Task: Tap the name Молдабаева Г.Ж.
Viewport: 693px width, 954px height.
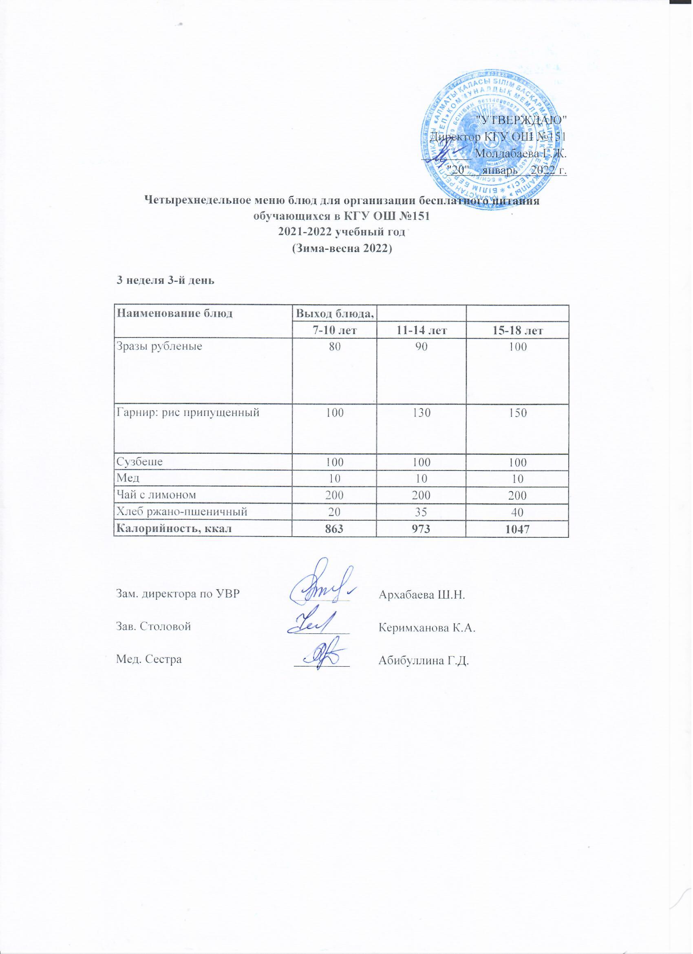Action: [x=519, y=153]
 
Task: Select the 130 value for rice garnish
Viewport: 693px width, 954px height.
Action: [x=422, y=413]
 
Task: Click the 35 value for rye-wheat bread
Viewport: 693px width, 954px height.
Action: [x=422, y=512]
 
